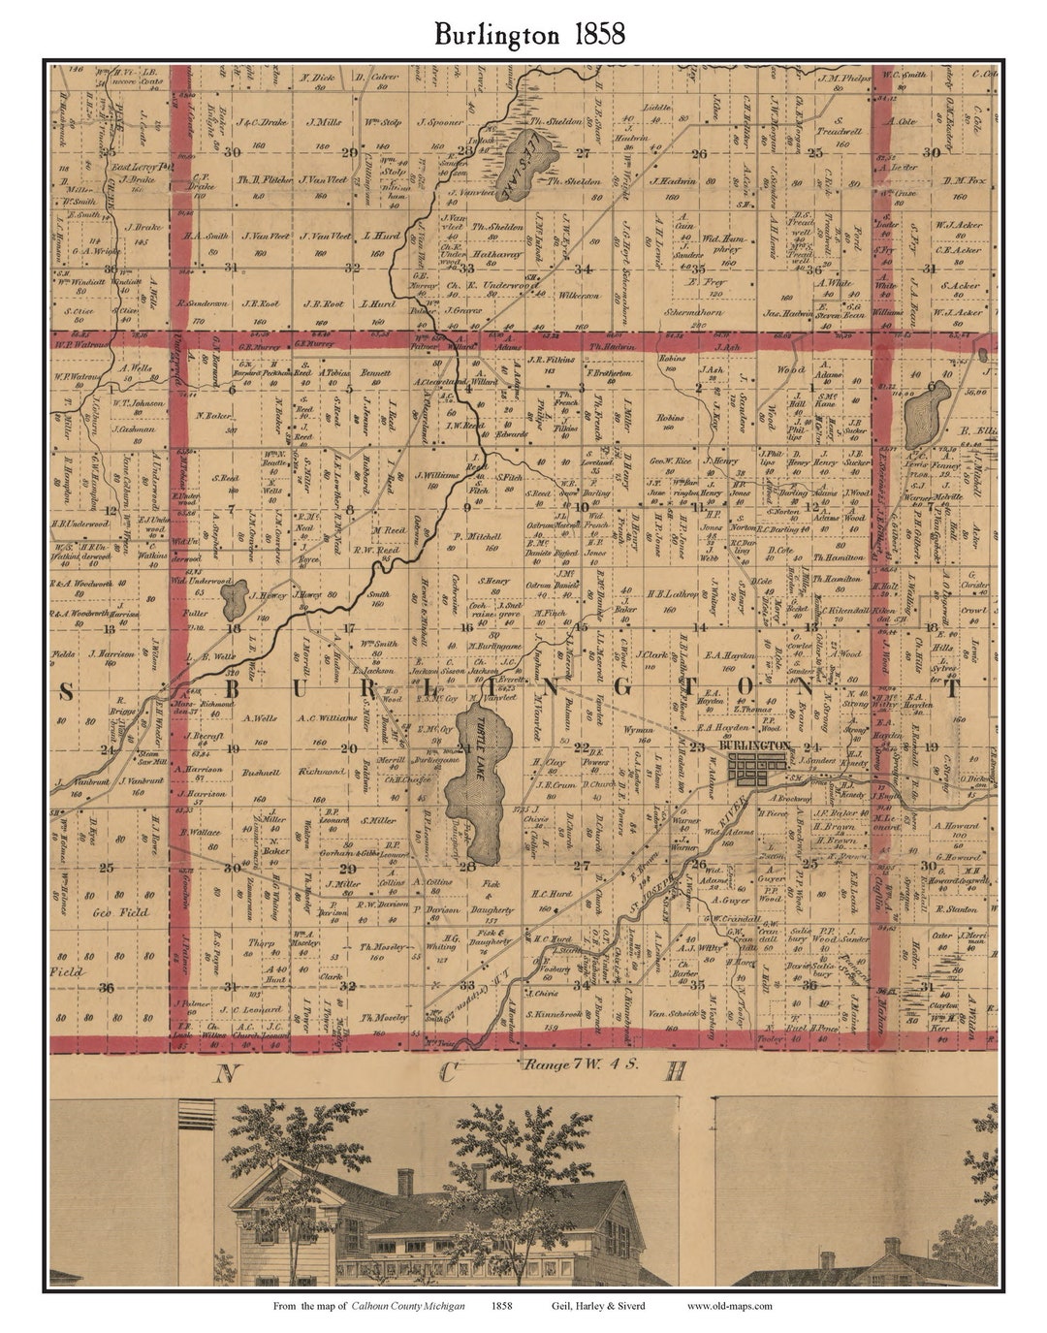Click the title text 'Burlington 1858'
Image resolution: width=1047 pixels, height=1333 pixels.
(x=529, y=35)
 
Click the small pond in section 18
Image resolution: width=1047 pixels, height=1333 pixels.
(x=233, y=602)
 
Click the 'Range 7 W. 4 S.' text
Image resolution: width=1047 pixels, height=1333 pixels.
(x=574, y=1063)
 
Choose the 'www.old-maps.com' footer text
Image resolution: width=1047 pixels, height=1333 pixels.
(x=729, y=1306)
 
